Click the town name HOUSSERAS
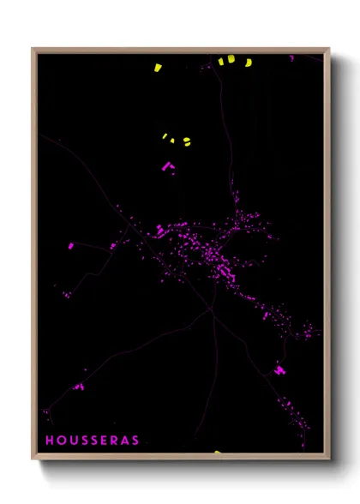92,441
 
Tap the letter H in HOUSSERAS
49,441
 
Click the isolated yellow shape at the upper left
158,67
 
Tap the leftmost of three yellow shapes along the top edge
221,61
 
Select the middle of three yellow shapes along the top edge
231,59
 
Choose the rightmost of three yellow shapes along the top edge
249,62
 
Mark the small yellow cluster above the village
177,139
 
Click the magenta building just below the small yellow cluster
169,165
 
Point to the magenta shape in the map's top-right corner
291,57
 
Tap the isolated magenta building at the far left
71,246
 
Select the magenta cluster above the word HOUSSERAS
79,387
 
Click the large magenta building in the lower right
279,370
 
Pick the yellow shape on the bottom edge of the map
219,452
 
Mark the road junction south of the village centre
212,310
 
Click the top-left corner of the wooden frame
33,49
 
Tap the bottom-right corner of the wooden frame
329,459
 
